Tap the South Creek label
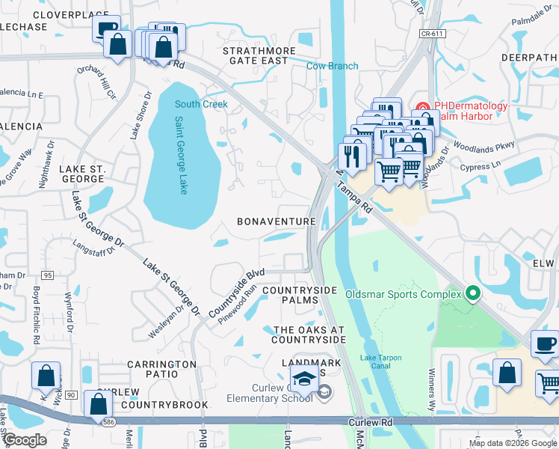[201, 104]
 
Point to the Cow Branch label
[333, 66]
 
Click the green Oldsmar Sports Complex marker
[472, 293]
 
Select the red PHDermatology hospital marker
[422, 107]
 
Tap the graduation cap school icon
[305, 381]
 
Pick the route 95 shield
[48, 276]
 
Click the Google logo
[25, 440]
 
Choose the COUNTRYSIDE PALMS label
[300, 295]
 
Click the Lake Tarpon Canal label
[381, 362]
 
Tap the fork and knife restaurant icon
[348, 156]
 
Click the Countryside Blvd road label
[237, 291]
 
